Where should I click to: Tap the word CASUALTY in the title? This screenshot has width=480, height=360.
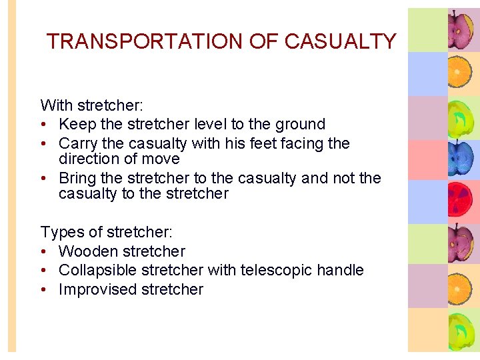pyautogui.click(x=340, y=42)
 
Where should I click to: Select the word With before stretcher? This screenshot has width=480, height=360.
pyautogui.click(x=57, y=105)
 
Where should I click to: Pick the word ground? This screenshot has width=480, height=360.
pyautogui.click(x=300, y=125)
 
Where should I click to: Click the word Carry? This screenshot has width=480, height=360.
pyautogui.click(x=77, y=144)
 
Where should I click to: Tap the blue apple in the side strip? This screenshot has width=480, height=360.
pyautogui.click(x=460, y=159)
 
